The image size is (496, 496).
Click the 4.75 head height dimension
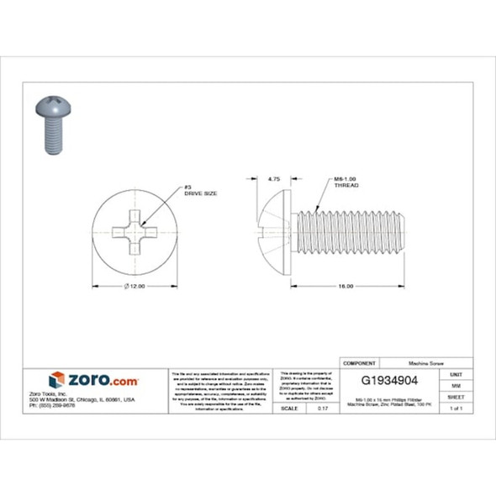click(x=273, y=179)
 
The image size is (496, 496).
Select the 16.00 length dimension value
click(x=345, y=288)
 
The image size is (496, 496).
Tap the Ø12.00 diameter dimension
click(x=135, y=287)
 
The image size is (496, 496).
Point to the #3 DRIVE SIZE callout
click(x=201, y=191)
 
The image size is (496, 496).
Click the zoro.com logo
click(x=94, y=380)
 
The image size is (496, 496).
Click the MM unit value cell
click(x=456, y=384)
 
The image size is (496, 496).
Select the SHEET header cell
click(x=456, y=396)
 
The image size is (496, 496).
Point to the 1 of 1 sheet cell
click(x=456, y=408)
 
